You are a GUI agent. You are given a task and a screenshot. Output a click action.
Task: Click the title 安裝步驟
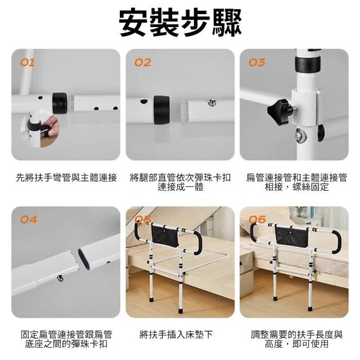180,22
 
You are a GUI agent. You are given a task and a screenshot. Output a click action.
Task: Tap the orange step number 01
28,62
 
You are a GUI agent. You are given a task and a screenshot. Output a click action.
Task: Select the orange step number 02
143,62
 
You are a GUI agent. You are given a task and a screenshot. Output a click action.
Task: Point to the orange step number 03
257,62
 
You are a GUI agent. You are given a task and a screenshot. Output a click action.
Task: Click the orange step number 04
29,220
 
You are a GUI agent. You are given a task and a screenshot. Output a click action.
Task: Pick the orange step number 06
258,220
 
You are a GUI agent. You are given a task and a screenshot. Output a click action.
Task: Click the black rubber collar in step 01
60,103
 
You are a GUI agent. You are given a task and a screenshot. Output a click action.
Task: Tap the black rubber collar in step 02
161,110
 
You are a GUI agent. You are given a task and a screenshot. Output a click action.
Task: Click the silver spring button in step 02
212,102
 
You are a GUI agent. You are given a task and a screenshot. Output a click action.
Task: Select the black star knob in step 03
279,112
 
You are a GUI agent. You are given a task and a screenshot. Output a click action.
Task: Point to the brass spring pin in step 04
60,278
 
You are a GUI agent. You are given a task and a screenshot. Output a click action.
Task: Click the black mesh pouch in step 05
165,235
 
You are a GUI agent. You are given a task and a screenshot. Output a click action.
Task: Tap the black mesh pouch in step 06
292,236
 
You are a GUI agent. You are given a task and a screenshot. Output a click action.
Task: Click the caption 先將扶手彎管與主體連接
66,178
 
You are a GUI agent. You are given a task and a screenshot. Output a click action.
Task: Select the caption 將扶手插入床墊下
176,335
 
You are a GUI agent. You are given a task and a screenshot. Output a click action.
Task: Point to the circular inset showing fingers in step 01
40,129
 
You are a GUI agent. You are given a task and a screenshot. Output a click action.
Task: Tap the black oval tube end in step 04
84,259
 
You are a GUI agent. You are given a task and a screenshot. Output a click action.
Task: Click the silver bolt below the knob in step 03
300,135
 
